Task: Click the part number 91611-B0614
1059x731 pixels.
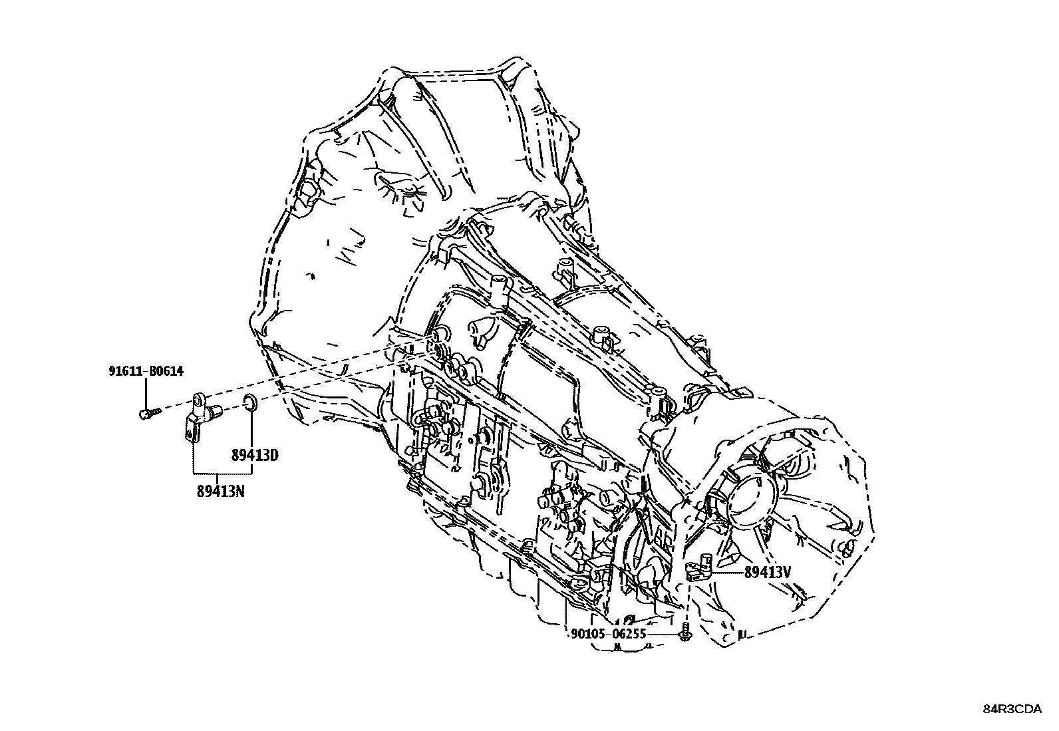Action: coord(146,372)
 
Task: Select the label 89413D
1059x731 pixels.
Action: coord(254,456)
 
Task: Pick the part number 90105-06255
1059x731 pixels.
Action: coord(608,634)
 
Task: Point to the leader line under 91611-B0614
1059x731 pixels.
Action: coord(146,392)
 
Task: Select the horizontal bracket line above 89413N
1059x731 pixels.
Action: coord(222,472)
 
